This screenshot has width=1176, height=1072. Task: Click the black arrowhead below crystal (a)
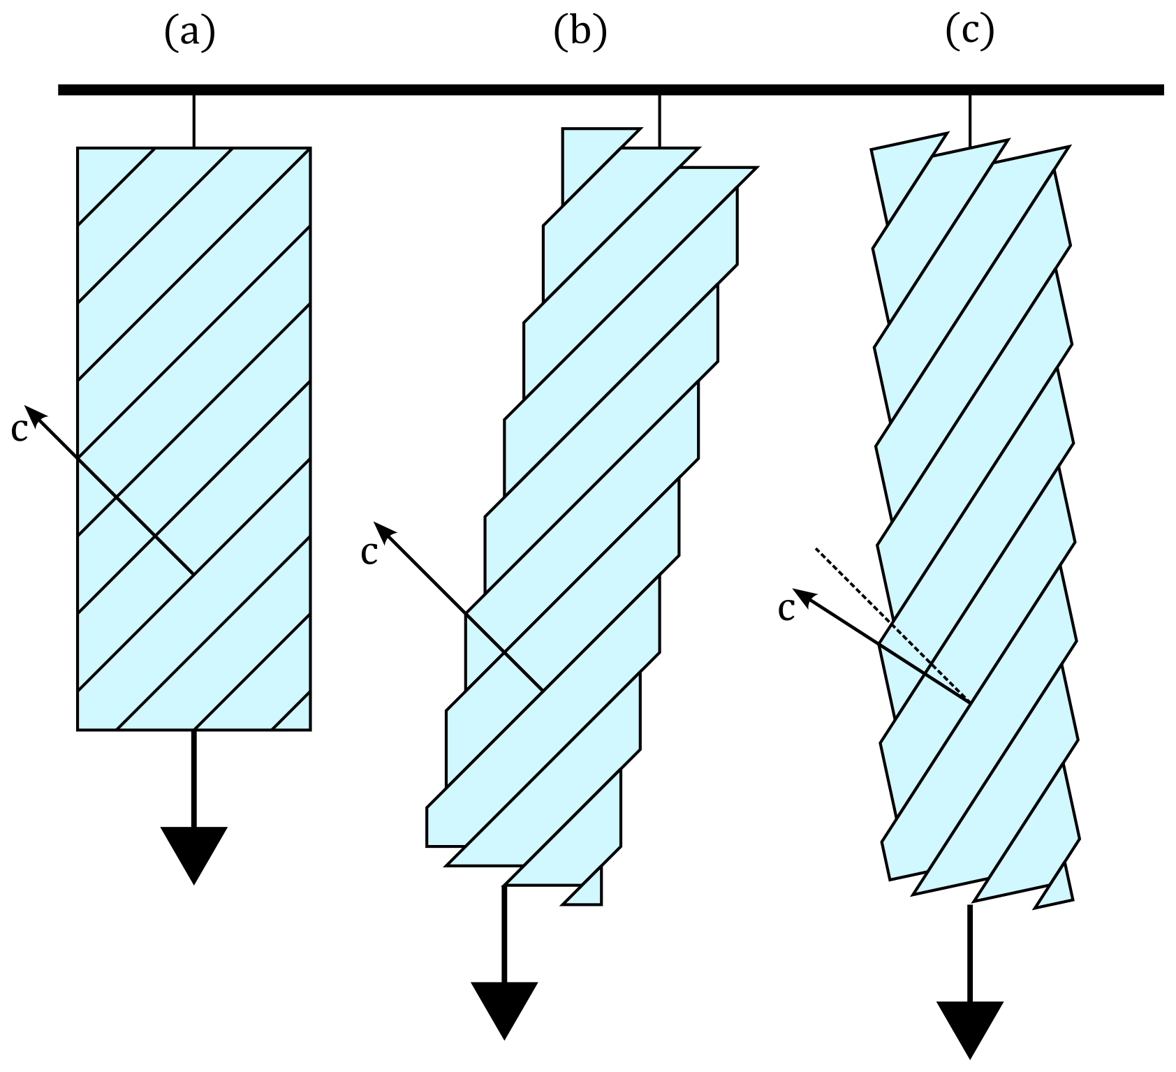pos(193,852)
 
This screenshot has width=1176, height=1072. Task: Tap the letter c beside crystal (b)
pos(369,552)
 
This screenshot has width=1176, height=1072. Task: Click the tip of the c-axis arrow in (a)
pos(28,407)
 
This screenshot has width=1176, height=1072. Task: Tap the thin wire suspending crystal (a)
pos(194,120)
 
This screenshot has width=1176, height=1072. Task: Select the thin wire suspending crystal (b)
pos(659,120)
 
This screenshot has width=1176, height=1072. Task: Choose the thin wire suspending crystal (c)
pos(970,120)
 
